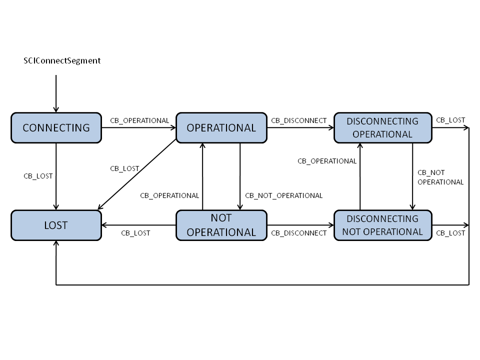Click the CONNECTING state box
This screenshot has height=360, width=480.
pyautogui.click(x=56, y=127)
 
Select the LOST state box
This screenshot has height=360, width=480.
pyautogui.click(x=56, y=225)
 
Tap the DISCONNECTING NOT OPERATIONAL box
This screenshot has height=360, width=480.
pyautogui.click(x=382, y=225)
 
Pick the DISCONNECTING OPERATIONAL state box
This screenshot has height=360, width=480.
pyautogui.click(x=382, y=127)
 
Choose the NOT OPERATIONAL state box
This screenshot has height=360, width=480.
pyautogui.click(x=221, y=225)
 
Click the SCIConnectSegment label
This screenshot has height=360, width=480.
pyautogui.click(x=62, y=60)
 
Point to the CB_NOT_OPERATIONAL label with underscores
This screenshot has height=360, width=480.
pyautogui.click(x=283, y=195)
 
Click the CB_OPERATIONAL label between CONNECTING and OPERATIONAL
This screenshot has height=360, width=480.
pyautogui.click(x=139, y=120)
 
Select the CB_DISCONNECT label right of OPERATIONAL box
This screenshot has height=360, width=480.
pyautogui.click(x=298, y=120)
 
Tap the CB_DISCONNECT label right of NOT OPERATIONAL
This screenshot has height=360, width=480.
pyautogui.click(x=298, y=233)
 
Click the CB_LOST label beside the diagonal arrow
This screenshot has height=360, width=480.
pyautogui.click(x=124, y=168)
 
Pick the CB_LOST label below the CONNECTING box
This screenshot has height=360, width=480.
pyautogui.click(x=38, y=176)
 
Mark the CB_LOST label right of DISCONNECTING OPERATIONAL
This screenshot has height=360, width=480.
pyautogui.click(x=450, y=120)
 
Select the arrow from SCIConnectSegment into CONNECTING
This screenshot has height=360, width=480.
pyautogui.click(x=56, y=93)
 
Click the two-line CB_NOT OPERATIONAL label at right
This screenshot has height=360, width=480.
pyautogui.click(x=440, y=177)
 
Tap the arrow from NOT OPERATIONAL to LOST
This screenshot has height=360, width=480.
pyautogui.click(x=138, y=225)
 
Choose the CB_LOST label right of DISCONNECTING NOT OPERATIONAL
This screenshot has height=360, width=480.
pyautogui.click(x=450, y=233)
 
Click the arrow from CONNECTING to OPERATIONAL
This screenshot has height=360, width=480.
pyautogui.click(x=138, y=127)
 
